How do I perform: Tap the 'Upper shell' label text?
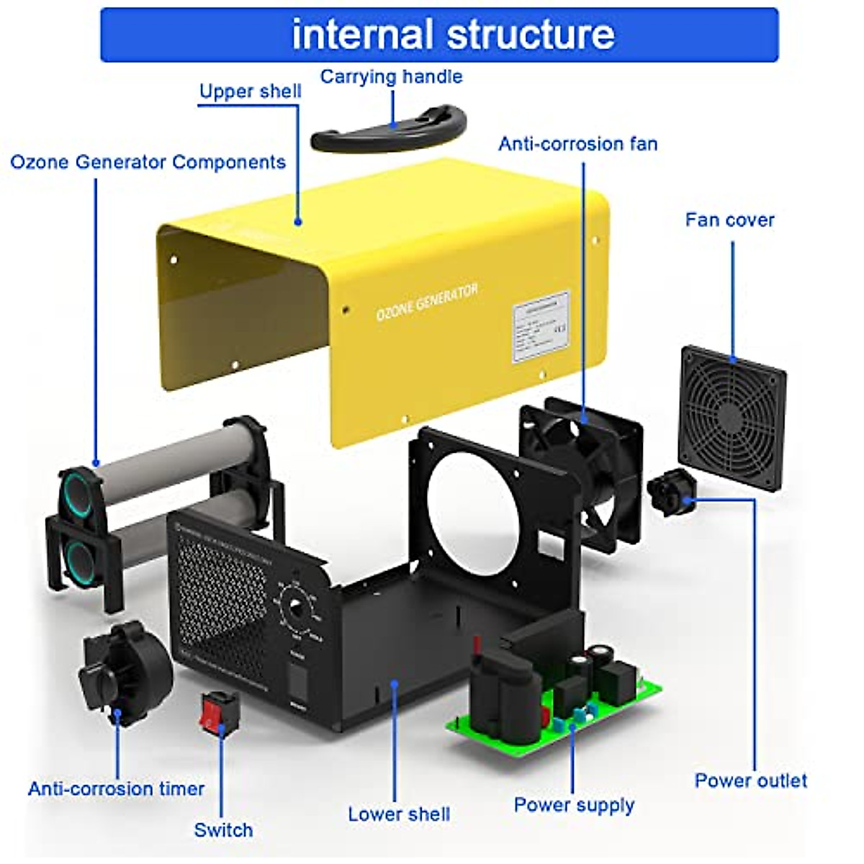coord(250,91)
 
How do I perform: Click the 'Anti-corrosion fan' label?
coord(577,144)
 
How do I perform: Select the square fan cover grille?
coord(732,418)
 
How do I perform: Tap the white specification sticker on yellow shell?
coord(541,328)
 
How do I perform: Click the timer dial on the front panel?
coord(296,609)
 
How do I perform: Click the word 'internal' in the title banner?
coord(361,35)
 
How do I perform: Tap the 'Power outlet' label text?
coord(750,780)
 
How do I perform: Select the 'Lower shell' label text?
coord(399,814)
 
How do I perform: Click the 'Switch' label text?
coord(223,830)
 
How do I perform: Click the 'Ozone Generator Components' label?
coord(148,162)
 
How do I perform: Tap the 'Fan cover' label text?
coord(729,220)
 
